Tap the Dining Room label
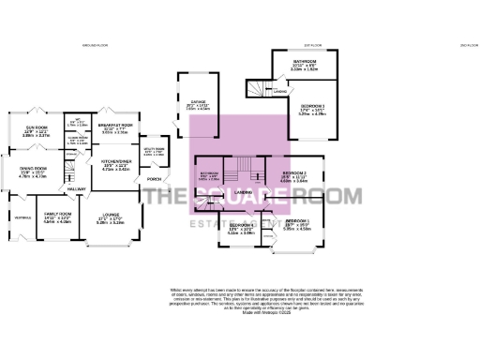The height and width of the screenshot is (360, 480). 34,169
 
